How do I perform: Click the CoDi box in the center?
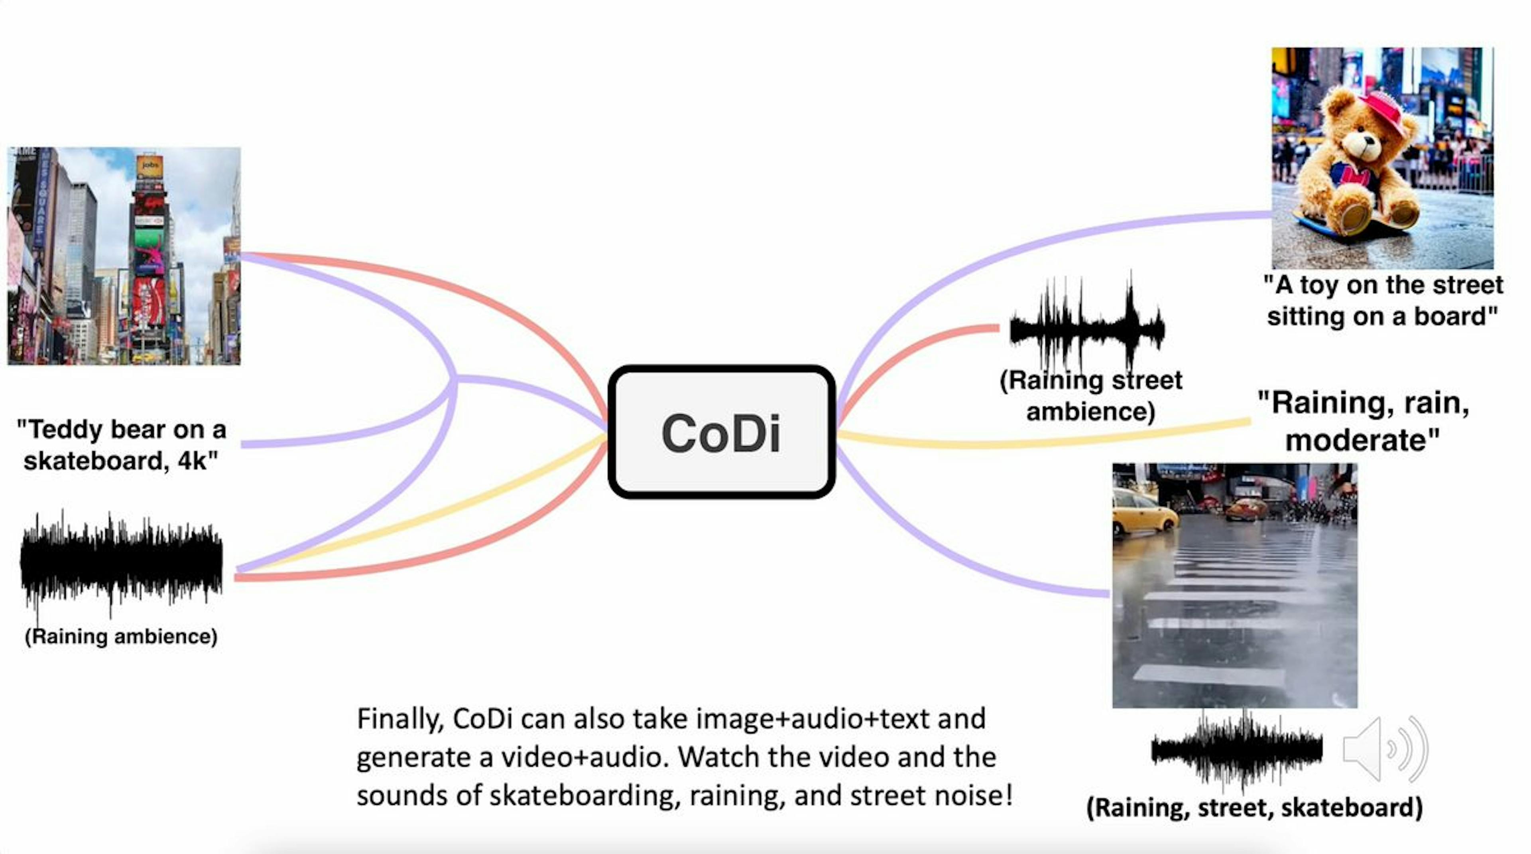[721, 432]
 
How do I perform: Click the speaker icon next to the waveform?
[1384, 749]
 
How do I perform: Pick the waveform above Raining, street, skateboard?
[1236, 750]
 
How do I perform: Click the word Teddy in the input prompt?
[64, 429]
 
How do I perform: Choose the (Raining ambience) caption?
[121, 636]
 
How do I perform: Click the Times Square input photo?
[124, 256]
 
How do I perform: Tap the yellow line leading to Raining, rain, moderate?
[1040, 439]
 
